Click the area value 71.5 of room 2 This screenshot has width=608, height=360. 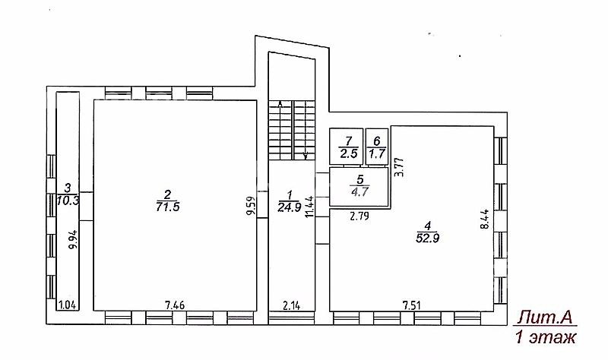[167, 207]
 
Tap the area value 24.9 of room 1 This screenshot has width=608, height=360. [290, 207]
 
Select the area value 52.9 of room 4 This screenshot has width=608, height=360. [427, 238]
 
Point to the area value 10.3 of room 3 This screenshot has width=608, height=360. [68, 201]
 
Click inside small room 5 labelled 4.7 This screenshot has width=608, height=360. [359, 186]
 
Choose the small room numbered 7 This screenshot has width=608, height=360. [347, 147]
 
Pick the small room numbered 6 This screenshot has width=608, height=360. [377, 147]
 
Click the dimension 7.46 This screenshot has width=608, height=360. [175, 305]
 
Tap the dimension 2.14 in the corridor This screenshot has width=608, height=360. [291, 305]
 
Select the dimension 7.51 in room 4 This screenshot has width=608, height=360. [411, 305]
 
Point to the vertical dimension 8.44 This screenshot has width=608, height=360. [486, 219]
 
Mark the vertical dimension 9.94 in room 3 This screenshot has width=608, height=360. [73, 240]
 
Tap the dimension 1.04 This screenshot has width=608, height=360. [68, 305]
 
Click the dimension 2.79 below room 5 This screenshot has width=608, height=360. [359, 216]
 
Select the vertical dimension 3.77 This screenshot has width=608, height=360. [399, 166]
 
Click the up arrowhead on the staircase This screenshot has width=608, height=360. [280, 104]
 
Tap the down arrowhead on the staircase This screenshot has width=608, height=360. [306, 156]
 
